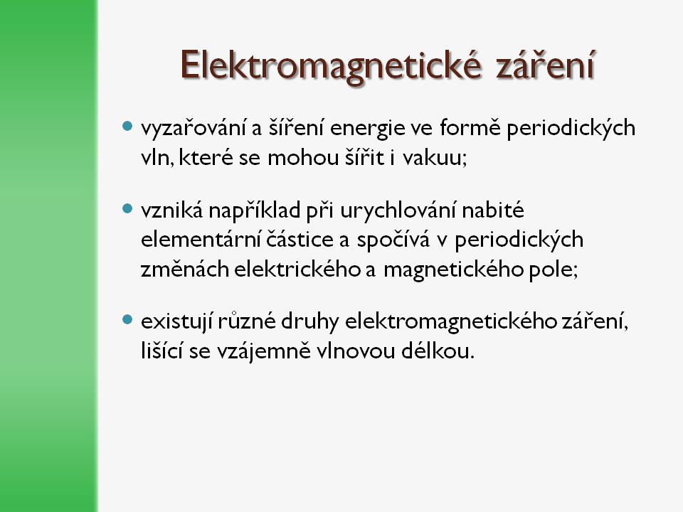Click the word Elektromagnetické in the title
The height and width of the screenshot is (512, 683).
[x=331, y=65]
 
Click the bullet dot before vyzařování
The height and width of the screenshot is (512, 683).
[x=127, y=127]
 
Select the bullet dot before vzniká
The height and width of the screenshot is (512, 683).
[x=127, y=208]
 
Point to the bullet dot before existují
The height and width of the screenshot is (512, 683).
[x=127, y=320]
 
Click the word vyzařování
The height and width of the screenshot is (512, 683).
[x=194, y=128]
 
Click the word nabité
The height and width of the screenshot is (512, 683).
[x=493, y=210]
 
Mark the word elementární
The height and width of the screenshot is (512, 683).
[x=201, y=240]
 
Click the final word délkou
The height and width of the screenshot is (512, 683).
[x=438, y=351]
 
